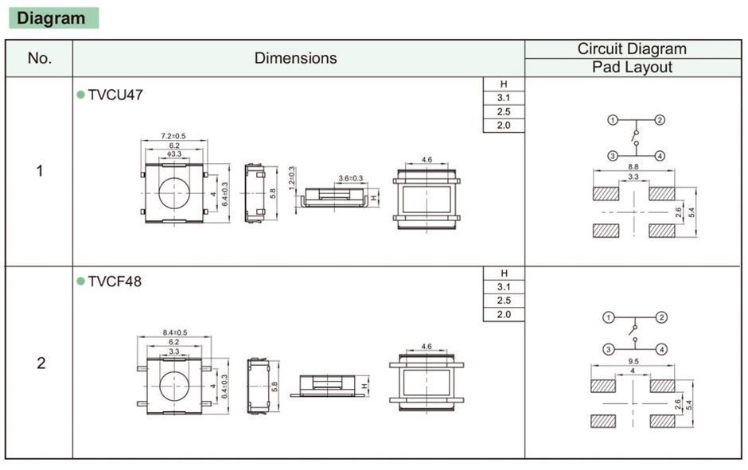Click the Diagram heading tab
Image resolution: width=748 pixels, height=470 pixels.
tap(53, 18)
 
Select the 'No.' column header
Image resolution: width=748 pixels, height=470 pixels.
tap(39, 58)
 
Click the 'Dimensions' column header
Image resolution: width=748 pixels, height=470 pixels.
tap(295, 58)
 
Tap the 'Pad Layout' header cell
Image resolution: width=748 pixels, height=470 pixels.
tap(632, 68)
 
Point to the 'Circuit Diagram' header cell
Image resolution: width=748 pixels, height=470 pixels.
tap(632, 49)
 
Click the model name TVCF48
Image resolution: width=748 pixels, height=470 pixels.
tap(115, 282)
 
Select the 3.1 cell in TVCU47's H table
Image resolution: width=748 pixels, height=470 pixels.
tap(503, 98)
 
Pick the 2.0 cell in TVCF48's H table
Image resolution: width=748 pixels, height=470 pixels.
tap(503, 314)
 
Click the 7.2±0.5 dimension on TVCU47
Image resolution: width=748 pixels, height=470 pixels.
tap(173, 136)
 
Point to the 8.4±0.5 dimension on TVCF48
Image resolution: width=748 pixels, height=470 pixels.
tap(174, 332)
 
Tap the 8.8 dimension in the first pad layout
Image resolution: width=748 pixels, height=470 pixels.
tap(633, 167)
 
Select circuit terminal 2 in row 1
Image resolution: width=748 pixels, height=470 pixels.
tap(660, 120)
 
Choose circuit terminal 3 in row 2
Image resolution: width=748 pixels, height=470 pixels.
tap(608, 349)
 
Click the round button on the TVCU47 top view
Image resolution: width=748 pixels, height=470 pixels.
tap(174, 193)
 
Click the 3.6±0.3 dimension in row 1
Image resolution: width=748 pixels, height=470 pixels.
tap(350, 178)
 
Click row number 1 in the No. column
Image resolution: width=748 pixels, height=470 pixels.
tap(40, 171)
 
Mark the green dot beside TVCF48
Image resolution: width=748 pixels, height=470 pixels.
tap(80, 282)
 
